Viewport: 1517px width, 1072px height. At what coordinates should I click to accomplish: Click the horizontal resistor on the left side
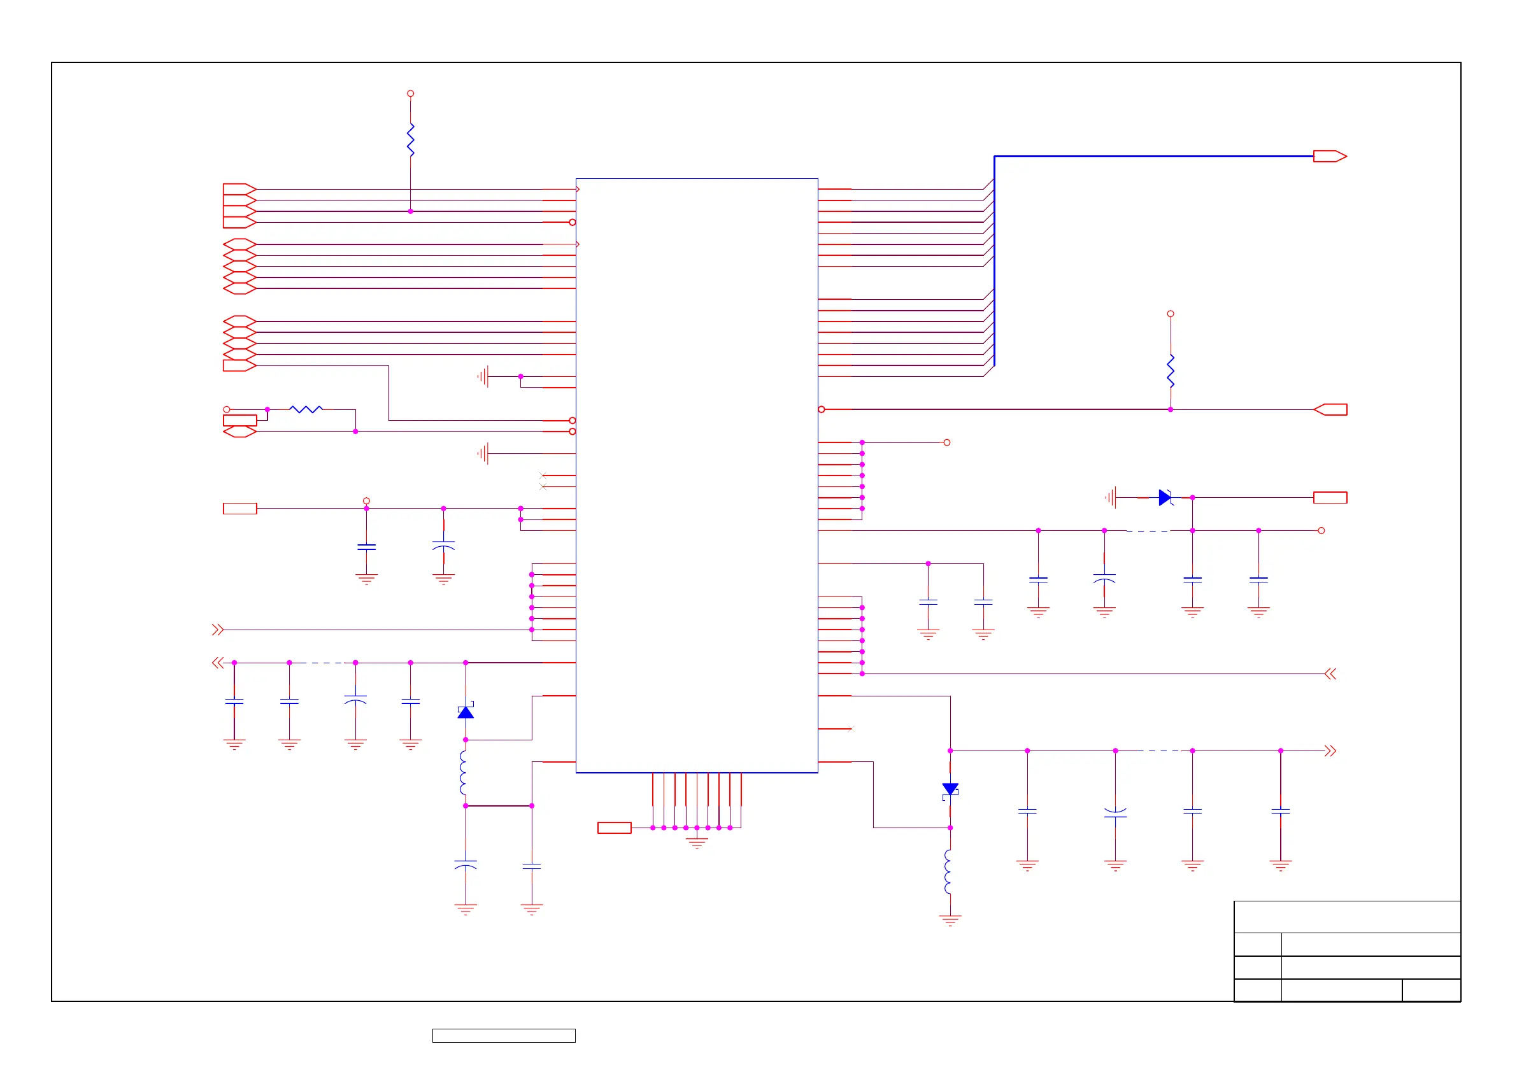pyautogui.click(x=306, y=409)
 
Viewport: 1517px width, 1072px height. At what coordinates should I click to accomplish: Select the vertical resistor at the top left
pyautogui.click(x=410, y=139)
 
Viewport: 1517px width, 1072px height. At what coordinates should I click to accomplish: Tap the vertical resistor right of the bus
pyautogui.click(x=1170, y=371)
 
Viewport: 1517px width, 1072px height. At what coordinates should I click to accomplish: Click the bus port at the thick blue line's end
pyautogui.click(x=1329, y=157)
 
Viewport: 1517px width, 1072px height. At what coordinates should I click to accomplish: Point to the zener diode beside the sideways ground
pyautogui.click(x=1165, y=497)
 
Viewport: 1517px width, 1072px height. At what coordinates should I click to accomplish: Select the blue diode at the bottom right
pyautogui.click(x=950, y=789)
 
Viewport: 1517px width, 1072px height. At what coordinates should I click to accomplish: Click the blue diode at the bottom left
pyautogui.click(x=466, y=712)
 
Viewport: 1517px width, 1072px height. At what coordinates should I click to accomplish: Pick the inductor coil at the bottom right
pyautogui.click(x=949, y=872)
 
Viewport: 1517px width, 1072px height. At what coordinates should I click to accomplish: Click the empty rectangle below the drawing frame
pyautogui.click(x=504, y=1036)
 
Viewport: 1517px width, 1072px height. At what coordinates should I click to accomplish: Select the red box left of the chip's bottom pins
pyautogui.click(x=614, y=828)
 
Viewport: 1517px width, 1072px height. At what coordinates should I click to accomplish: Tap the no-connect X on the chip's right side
pyautogui.click(x=851, y=728)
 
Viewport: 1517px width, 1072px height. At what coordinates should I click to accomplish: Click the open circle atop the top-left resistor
pyautogui.click(x=410, y=94)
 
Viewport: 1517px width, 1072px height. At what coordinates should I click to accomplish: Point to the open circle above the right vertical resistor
pyautogui.click(x=1170, y=314)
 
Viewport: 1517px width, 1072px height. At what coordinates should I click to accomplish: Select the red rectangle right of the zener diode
pyautogui.click(x=1329, y=497)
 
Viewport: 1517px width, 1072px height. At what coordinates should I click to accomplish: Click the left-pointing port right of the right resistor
pyautogui.click(x=1329, y=409)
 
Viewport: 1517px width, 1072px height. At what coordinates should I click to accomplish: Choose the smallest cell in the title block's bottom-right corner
pyautogui.click(x=1430, y=990)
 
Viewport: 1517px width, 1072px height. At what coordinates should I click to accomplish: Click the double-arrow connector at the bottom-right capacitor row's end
pyautogui.click(x=1330, y=751)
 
